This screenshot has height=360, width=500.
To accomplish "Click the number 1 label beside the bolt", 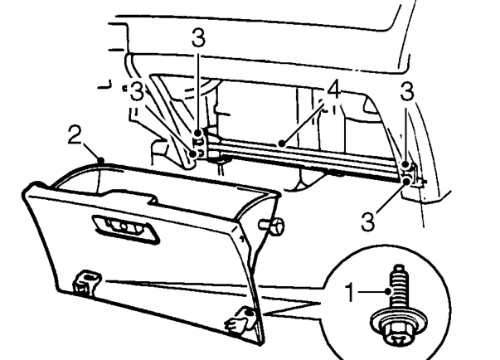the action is click(350, 293).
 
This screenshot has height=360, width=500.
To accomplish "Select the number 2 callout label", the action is click(75, 134).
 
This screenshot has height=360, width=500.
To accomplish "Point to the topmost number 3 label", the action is click(198, 37).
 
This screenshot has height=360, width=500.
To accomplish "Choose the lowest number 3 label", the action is click(367, 221).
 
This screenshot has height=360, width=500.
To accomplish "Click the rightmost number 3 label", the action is click(407, 91).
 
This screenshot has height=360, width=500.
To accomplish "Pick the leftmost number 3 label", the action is click(137, 91).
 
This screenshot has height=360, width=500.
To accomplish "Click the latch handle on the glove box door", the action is click(126, 229).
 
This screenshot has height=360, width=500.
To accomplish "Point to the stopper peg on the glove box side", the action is click(271, 226).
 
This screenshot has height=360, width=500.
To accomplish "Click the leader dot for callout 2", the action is click(101, 160).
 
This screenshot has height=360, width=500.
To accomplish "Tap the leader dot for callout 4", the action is click(281, 144).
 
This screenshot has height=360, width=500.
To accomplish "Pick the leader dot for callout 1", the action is click(388, 291).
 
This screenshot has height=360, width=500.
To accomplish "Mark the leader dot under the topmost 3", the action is click(198, 133).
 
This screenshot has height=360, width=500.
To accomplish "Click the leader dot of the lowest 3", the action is click(406, 181).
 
